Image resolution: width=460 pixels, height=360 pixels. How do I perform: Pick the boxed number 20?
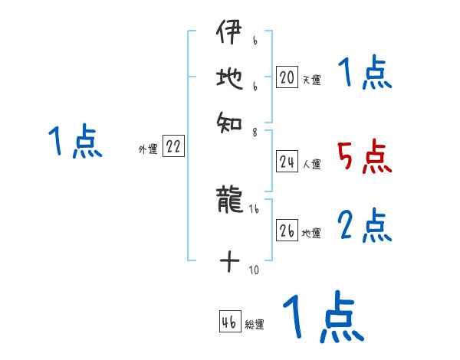287,77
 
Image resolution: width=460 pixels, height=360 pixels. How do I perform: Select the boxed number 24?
287,162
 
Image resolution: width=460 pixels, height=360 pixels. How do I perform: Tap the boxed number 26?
287,231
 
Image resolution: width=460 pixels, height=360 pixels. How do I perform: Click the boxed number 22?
173,148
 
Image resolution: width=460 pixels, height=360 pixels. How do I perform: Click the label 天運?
311,80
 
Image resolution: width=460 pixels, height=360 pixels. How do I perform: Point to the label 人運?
311,164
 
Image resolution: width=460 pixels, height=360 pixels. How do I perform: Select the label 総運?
255,325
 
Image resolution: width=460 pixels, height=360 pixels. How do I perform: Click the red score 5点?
364,158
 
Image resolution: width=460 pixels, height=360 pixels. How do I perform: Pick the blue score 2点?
364,226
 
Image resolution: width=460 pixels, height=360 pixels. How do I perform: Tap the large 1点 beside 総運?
322,317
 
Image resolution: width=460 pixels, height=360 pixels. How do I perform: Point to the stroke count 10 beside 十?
253,270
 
